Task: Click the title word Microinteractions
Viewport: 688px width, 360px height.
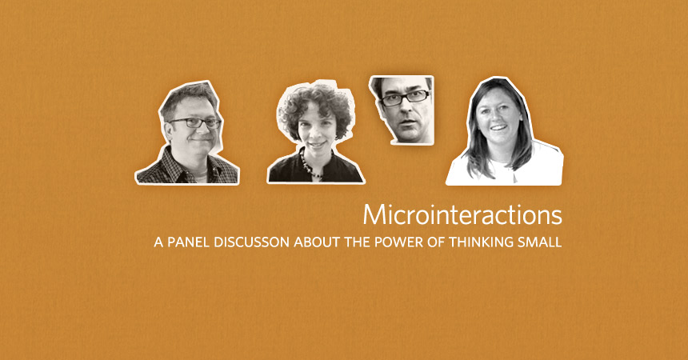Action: [x=462, y=214]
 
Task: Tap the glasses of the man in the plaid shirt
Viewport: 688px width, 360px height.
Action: [x=195, y=123]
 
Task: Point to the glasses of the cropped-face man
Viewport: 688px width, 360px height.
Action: [x=405, y=98]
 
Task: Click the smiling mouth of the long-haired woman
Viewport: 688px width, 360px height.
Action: [x=498, y=128]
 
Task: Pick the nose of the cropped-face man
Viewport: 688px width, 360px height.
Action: [x=405, y=110]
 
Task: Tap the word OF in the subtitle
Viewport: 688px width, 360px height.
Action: [x=437, y=242]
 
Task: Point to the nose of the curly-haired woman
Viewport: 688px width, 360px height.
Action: [x=316, y=134]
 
